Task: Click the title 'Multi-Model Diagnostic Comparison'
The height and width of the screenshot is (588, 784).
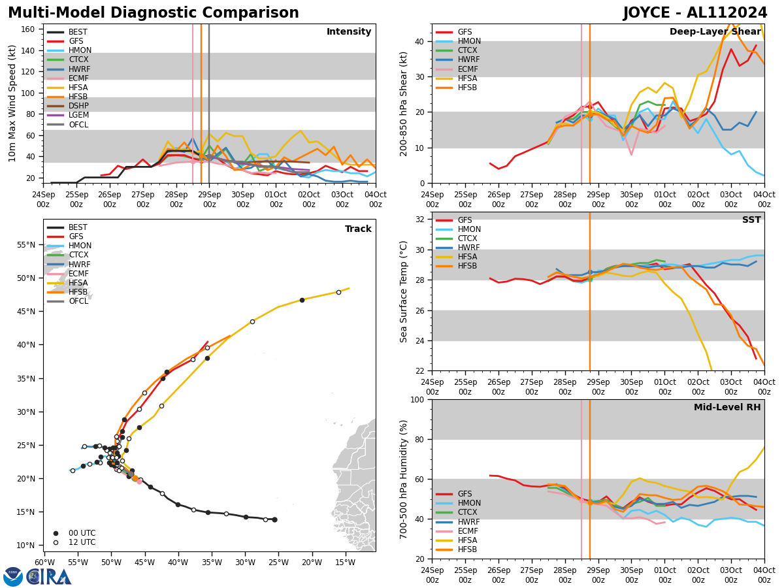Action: coord(154,13)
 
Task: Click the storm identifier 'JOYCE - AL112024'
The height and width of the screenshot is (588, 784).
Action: coord(695,13)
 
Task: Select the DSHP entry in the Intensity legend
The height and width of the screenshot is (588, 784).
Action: coord(78,106)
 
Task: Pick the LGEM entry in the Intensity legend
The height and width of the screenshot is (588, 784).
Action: coord(78,115)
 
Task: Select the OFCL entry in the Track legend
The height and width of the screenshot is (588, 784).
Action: coord(78,301)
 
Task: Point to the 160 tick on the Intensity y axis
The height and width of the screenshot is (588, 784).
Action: coord(29,29)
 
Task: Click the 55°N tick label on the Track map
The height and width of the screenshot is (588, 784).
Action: coord(25,245)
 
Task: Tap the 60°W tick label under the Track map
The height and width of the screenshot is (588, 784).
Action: coord(44,563)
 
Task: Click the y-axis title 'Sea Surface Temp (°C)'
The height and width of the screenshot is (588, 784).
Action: coord(404,291)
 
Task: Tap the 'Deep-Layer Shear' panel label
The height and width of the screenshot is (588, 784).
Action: coord(715,32)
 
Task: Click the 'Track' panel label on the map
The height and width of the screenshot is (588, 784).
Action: coord(358,229)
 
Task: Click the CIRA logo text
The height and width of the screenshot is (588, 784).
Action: coord(49,577)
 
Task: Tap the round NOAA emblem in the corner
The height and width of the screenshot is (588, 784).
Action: coord(13,577)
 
